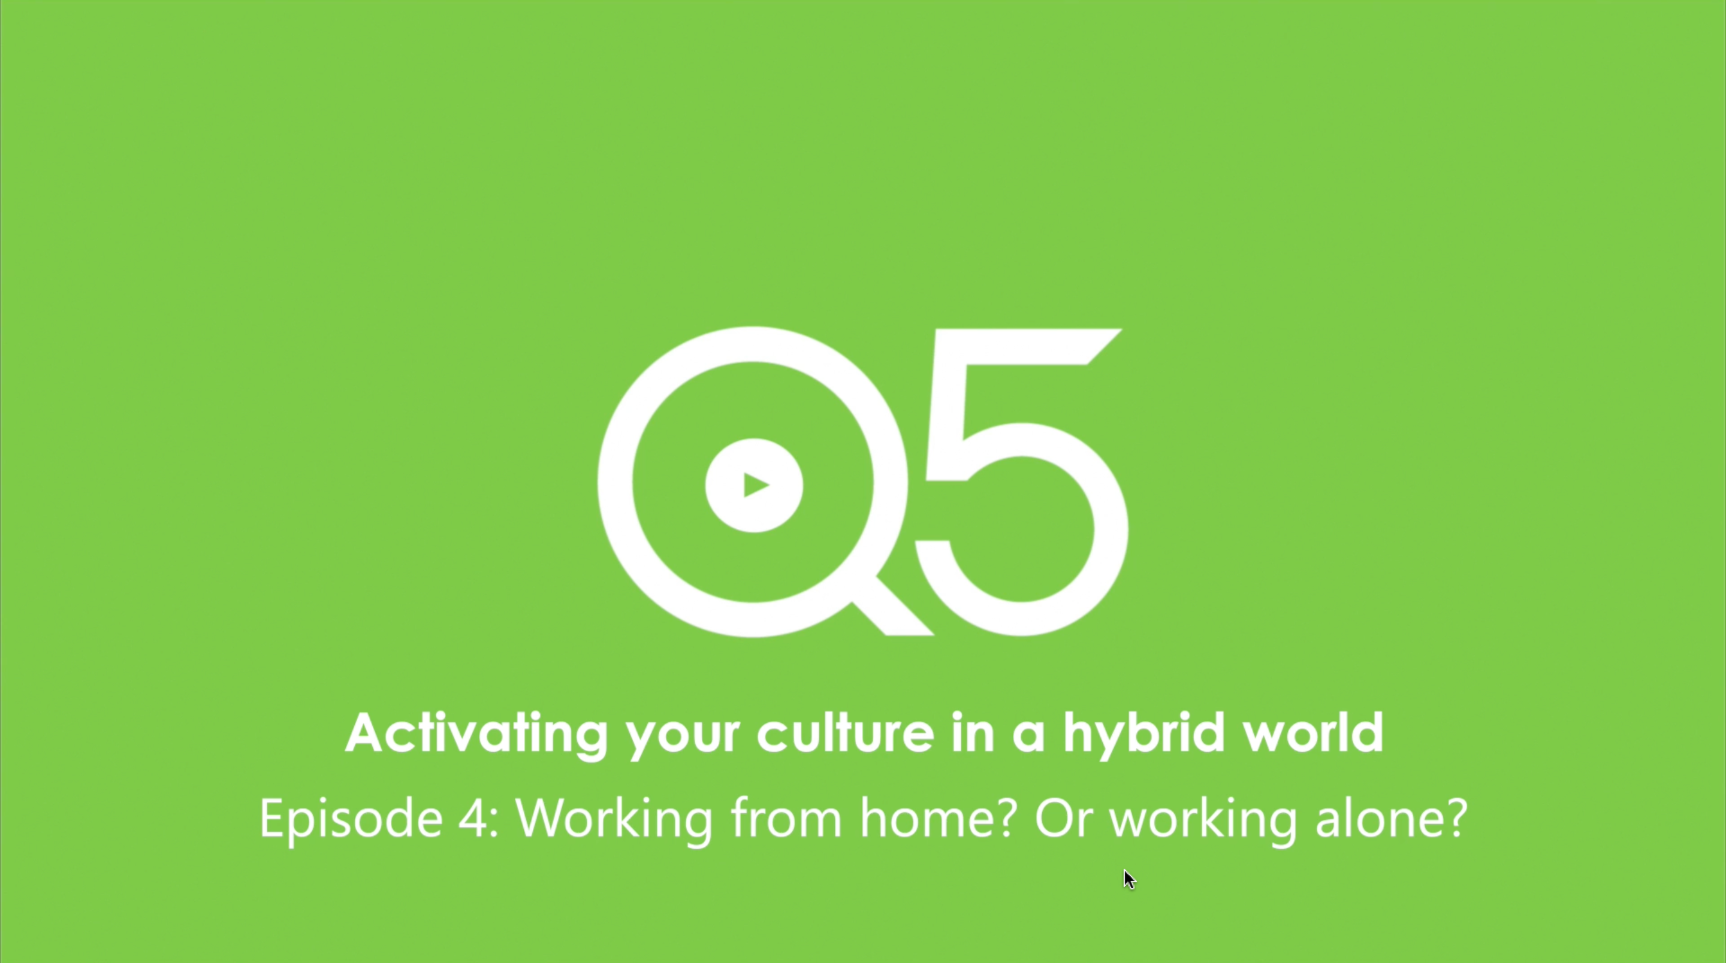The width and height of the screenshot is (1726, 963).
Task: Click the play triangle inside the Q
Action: [x=756, y=485]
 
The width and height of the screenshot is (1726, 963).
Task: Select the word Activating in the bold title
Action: [x=476, y=734]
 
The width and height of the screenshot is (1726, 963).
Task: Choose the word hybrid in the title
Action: [x=1145, y=734]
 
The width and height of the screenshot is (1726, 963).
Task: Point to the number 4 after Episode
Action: [x=473, y=817]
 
